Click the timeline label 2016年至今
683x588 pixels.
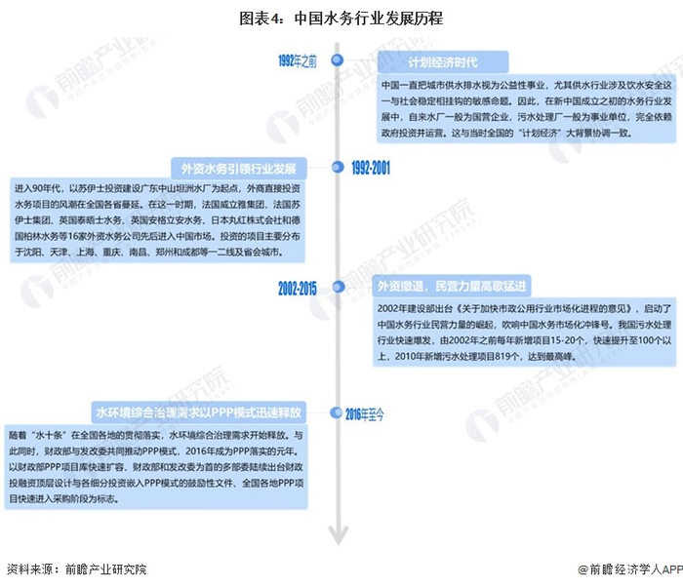click(x=364, y=413)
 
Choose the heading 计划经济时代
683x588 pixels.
click(x=443, y=63)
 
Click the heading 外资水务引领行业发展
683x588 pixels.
click(x=238, y=166)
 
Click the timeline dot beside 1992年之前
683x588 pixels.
click(x=338, y=60)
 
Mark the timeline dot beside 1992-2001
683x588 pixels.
click(x=338, y=168)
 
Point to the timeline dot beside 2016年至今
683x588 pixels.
click(x=338, y=413)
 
